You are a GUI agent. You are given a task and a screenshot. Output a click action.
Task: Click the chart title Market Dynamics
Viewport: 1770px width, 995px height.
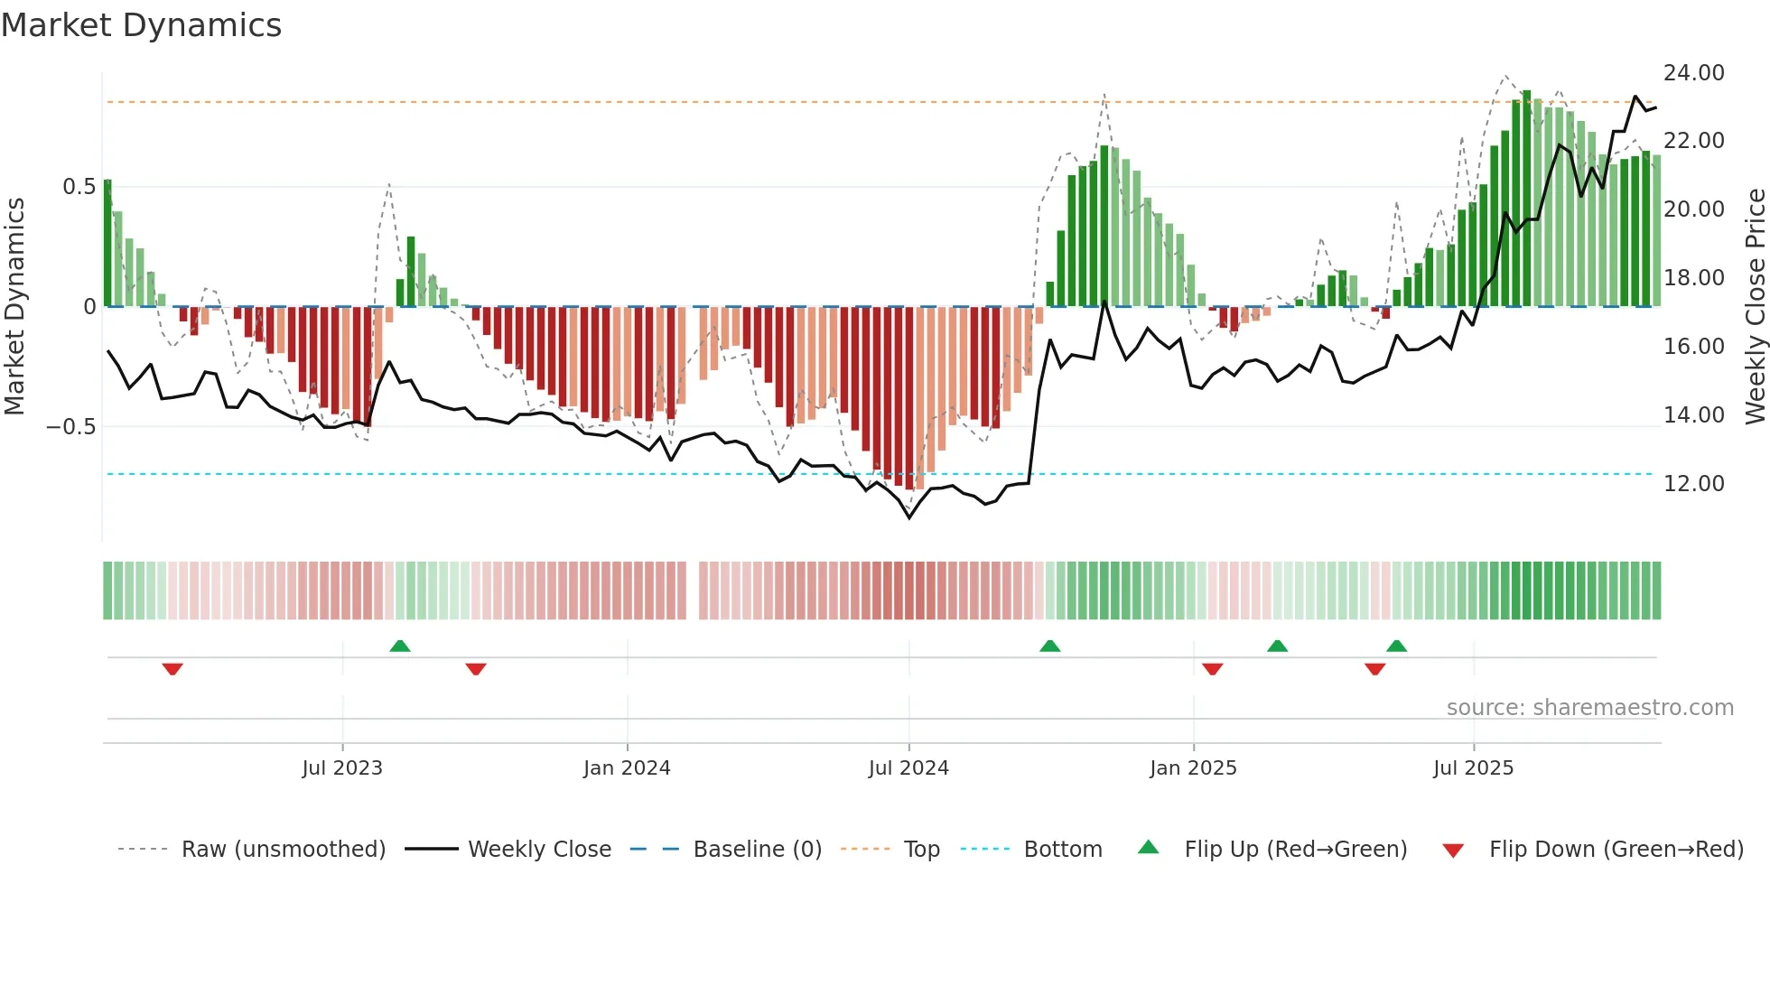tap(141, 25)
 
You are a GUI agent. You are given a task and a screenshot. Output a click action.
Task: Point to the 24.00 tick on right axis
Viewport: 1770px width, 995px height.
tap(1693, 73)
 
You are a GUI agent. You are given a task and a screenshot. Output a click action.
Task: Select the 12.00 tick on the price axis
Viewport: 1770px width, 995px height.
tap(1693, 484)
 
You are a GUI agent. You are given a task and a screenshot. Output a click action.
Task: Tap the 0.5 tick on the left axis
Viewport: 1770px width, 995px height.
tap(79, 187)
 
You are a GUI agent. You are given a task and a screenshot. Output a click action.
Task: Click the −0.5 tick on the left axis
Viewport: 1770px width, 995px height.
tap(71, 427)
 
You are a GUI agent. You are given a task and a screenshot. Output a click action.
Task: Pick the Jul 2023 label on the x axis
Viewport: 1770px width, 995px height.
tap(342, 768)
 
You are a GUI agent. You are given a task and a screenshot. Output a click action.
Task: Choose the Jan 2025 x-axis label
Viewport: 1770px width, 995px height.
tap(1193, 768)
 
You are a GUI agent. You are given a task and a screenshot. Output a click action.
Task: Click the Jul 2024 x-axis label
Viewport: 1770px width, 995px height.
tap(908, 768)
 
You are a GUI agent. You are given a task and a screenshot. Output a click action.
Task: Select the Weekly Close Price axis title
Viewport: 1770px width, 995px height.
tap(1755, 307)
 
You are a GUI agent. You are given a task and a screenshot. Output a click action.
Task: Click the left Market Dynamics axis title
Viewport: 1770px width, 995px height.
tap(14, 307)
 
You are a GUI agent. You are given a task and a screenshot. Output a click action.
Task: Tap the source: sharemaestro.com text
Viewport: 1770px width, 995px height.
tap(1589, 708)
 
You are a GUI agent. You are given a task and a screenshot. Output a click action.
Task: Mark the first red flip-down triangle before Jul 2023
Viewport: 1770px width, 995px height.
tap(172, 669)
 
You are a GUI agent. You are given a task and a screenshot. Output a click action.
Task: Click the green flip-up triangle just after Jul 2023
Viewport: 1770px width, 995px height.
tap(400, 646)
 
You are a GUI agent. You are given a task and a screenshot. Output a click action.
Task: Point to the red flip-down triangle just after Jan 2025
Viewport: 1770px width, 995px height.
tap(1213, 669)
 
